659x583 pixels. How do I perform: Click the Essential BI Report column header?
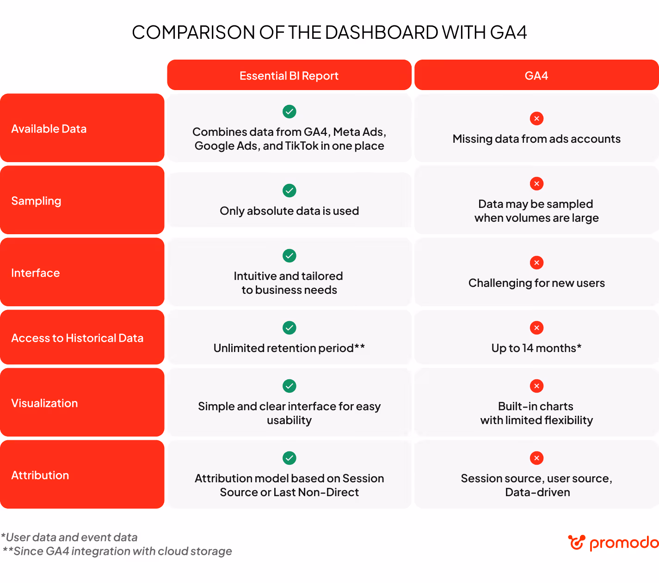pos(289,75)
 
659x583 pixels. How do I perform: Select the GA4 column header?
pos(536,75)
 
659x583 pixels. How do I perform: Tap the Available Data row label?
pos(49,128)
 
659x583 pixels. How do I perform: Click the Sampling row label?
pos(36,200)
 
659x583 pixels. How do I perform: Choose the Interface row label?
pos(36,273)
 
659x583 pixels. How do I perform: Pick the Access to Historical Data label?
pos(77,338)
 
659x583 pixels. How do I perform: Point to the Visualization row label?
pos(44,403)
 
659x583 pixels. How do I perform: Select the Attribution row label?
pos(40,475)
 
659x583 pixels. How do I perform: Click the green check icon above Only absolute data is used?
pos(289,190)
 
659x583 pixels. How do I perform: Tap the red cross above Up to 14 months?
pos(536,328)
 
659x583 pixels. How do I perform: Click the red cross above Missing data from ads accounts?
pos(536,118)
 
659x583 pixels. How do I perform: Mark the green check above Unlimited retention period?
pos(289,328)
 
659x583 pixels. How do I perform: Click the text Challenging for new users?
pos(536,283)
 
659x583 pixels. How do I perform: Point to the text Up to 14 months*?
pos(536,348)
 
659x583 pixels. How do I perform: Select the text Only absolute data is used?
pos(289,211)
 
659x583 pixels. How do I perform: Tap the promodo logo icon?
pos(576,542)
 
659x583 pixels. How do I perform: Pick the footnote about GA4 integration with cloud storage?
pos(117,551)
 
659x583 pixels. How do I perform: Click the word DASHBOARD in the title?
pos(382,32)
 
